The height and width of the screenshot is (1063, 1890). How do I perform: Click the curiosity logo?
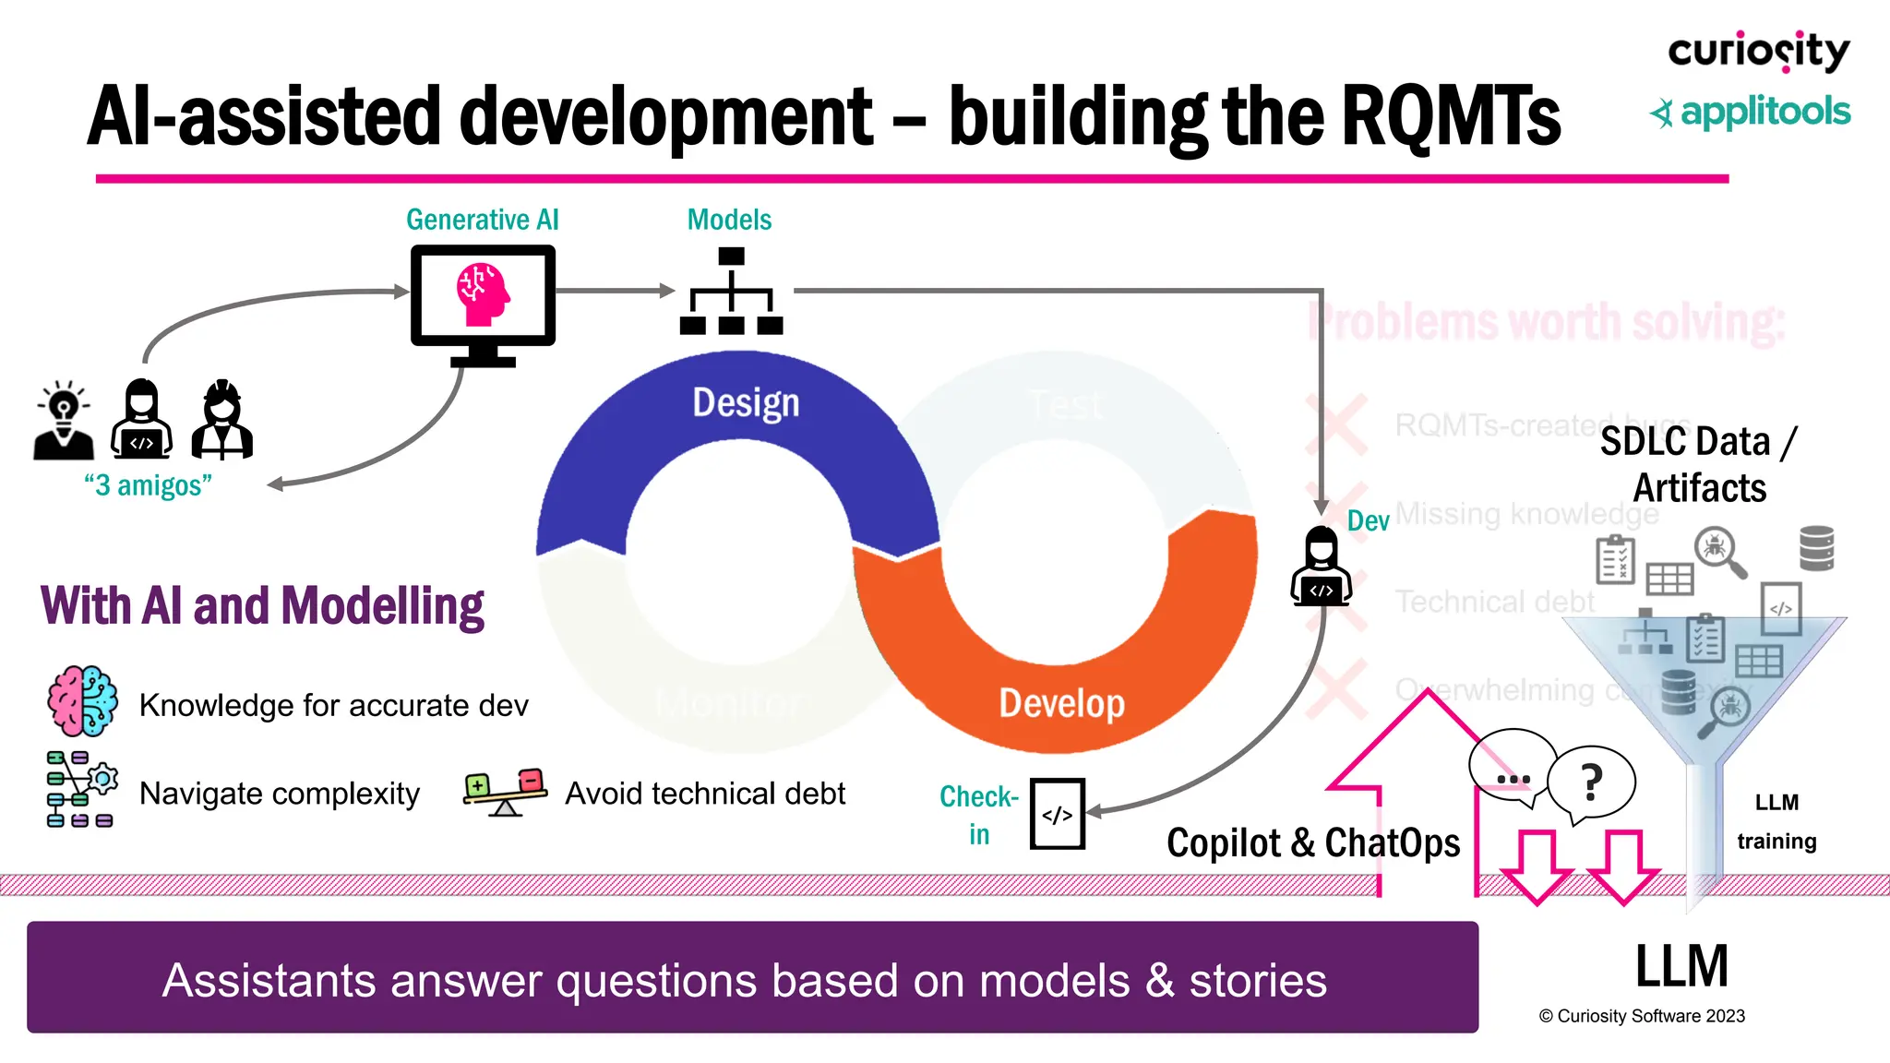click(1758, 52)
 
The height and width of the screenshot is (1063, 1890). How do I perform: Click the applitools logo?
click(1751, 113)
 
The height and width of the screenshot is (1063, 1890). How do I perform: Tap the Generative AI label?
click(482, 220)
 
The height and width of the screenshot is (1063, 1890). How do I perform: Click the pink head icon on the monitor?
click(483, 294)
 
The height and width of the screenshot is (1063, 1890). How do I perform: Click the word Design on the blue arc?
click(746, 403)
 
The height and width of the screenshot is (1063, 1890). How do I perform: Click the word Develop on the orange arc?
click(1061, 703)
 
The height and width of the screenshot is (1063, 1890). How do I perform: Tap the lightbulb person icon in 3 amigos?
click(63, 420)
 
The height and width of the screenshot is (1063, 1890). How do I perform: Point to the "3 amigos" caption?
click(148, 485)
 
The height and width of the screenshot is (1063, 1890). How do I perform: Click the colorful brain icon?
click(82, 701)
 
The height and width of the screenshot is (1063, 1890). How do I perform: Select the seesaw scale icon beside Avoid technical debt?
click(505, 793)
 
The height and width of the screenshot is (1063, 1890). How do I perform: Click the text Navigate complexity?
click(279, 794)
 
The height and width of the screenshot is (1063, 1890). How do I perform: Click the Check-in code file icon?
click(1057, 814)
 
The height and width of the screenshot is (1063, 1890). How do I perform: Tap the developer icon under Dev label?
click(1321, 567)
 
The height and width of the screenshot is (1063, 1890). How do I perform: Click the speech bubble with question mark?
click(1591, 782)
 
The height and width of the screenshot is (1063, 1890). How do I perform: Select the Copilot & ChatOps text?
click(1312, 842)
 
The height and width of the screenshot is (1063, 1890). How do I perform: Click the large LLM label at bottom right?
click(1681, 966)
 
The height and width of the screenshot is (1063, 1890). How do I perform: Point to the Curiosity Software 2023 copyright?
click(1642, 1016)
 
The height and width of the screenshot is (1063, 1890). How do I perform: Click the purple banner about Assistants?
click(752, 978)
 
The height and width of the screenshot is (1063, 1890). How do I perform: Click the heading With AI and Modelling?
click(262, 606)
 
